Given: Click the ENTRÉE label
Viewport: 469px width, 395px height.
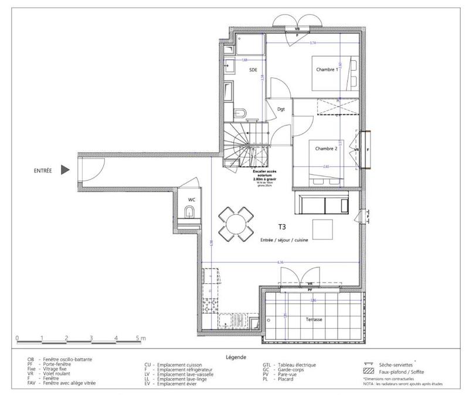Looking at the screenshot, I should click(43, 171).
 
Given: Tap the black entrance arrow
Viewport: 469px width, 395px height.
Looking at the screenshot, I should click(66, 171).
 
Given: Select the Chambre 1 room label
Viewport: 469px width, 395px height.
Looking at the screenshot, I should click(327, 69).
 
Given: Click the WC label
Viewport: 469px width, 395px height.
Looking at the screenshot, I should click(191, 200).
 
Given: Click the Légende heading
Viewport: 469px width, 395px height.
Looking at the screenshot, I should click(235, 356).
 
